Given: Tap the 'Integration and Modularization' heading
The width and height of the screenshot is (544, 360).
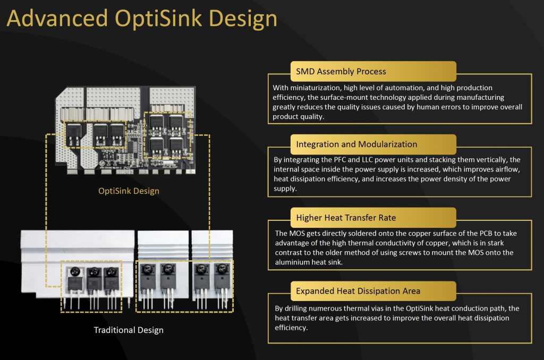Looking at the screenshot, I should pyautogui.click(x=356, y=144).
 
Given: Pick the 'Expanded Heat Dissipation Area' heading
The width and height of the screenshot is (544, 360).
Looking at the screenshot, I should pyautogui.click(x=358, y=290).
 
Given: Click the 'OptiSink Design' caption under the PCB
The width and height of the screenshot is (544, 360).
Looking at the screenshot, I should pyautogui.click(x=129, y=191).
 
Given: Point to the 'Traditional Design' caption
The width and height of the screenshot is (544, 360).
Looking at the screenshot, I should pyautogui.click(x=129, y=330).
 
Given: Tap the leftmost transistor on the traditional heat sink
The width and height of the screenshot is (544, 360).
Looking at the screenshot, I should pyautogui.click(x=74, y=281).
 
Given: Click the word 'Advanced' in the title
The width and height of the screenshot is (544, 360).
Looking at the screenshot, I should pyautogui.click(x=53, y=19).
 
